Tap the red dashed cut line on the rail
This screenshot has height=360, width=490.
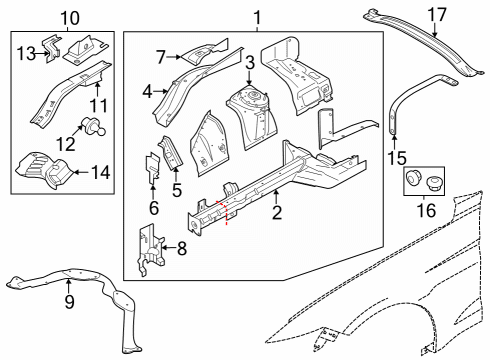click(227, 212)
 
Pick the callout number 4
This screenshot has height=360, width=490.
click(149, 91)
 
